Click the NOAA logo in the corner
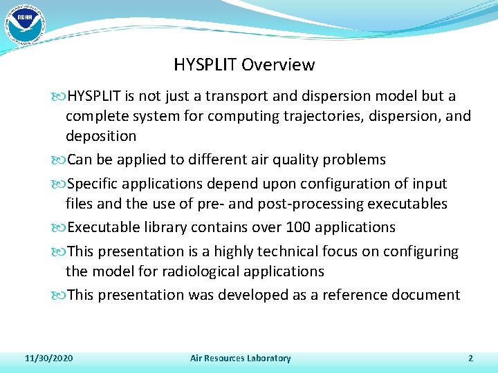click(x=24, y=23)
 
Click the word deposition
click(x=101, y=136)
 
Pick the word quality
click(x=296, y=160)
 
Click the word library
click(x=166, y=227)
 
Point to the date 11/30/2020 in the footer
click(x=49, y=358)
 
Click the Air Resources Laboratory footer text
click(x=240, y=358)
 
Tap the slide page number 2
click(x=470, y=358)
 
